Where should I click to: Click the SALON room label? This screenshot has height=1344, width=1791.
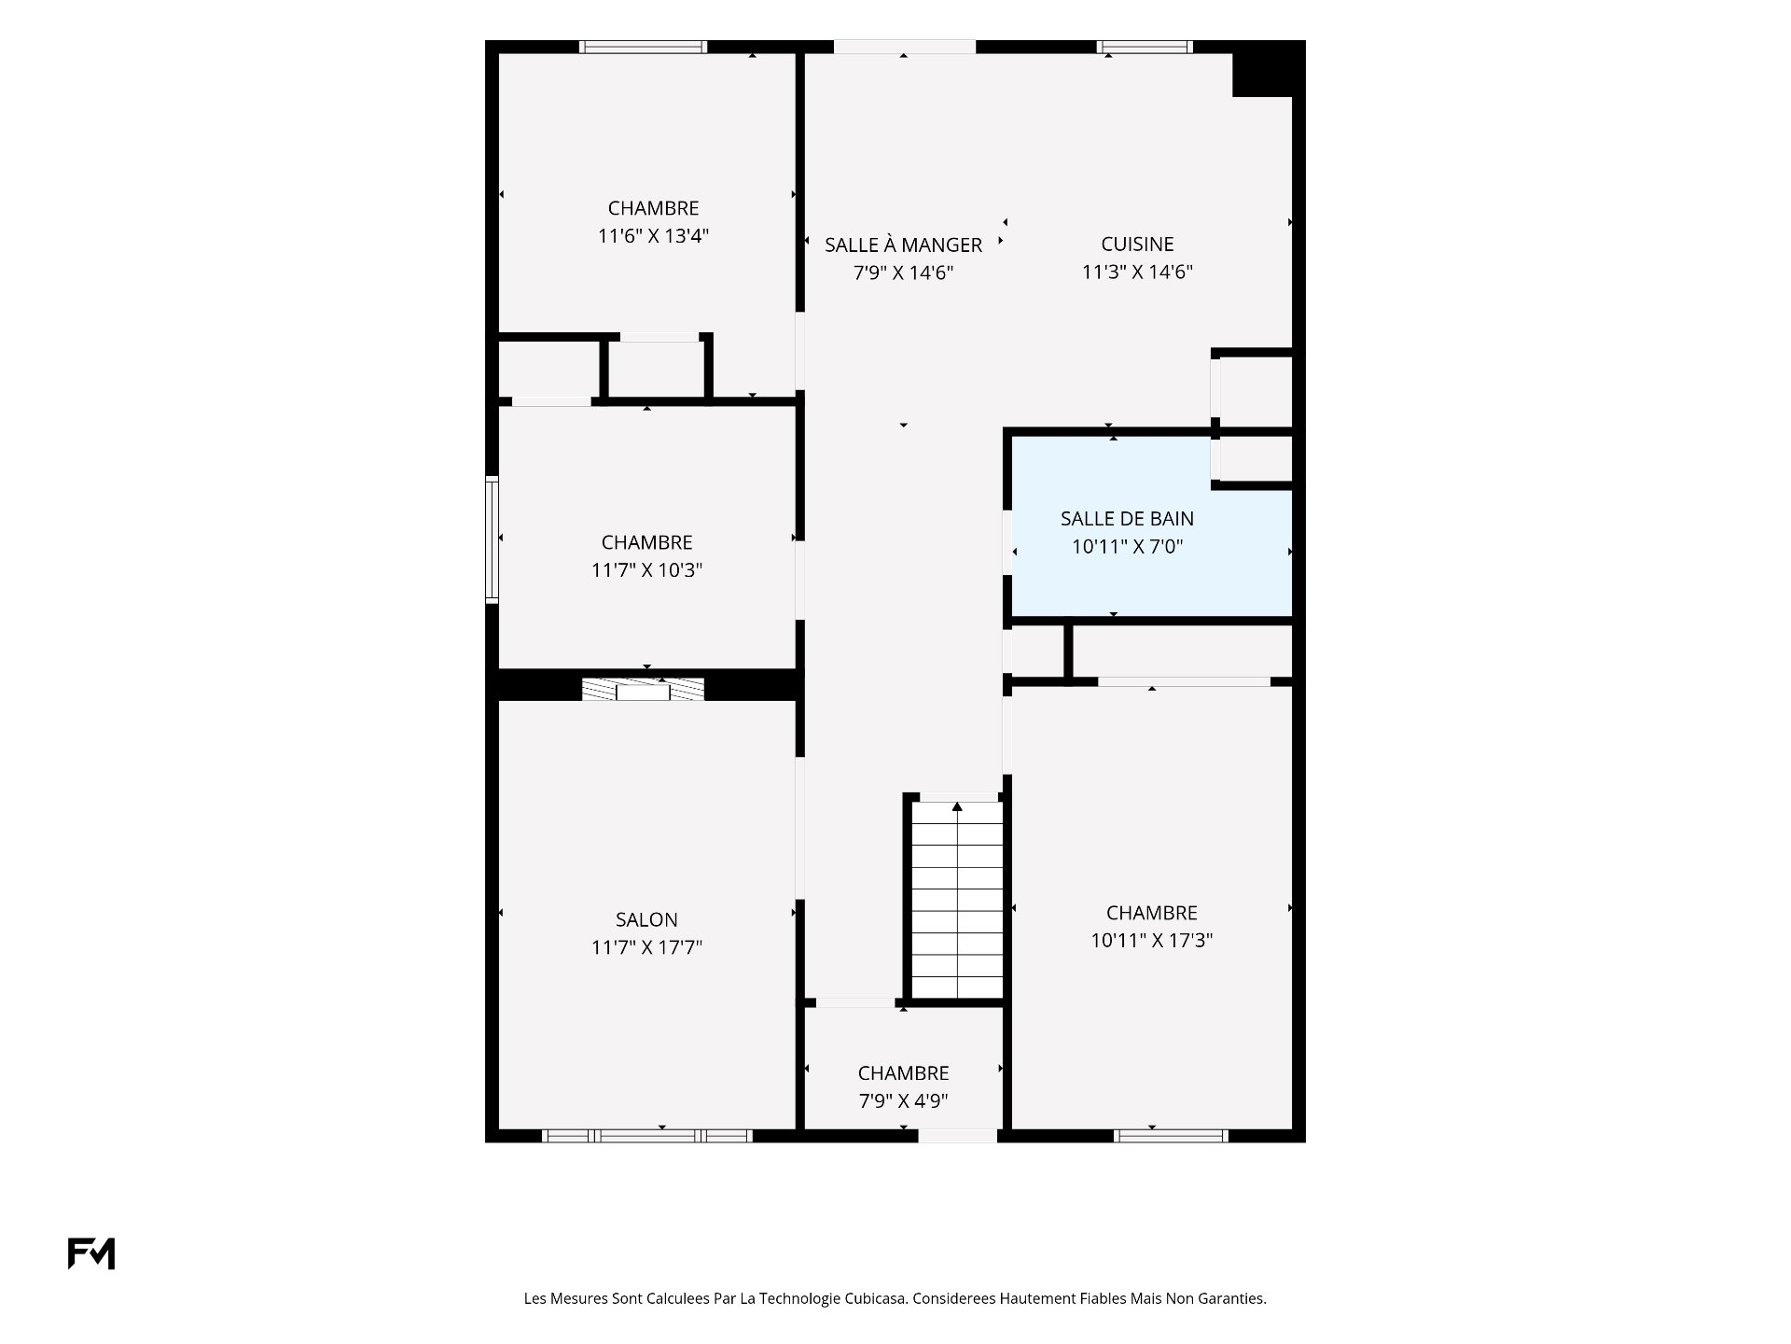point(646,919)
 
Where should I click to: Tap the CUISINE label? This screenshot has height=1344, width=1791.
point(1137,245)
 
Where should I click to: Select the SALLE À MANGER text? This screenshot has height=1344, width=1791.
point(903,245)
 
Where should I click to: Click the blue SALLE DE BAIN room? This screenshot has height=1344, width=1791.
point(1152,527)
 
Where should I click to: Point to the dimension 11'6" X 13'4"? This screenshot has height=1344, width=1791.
point(653,236)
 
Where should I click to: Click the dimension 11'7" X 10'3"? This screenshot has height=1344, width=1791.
point(646,569)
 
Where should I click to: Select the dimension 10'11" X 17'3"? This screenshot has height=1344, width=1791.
point(1152,941)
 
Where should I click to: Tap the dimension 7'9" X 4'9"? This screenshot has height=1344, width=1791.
point(903,1101)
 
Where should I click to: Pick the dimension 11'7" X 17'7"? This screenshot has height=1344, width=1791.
point(646,947)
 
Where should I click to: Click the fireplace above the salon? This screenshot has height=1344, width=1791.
point(643,690)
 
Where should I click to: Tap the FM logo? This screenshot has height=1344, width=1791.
point(91,1253)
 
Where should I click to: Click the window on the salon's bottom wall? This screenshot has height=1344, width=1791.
point(647,1136)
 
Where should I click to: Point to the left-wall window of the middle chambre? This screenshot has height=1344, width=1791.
point(492,539)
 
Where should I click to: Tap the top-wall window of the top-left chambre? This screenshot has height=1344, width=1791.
point(643,47)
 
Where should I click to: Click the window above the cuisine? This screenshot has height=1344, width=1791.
point(1145,47)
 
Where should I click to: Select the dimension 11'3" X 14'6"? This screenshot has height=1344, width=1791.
point(1137,273)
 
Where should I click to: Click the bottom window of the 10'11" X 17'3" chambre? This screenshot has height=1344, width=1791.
point(1171,1136)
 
